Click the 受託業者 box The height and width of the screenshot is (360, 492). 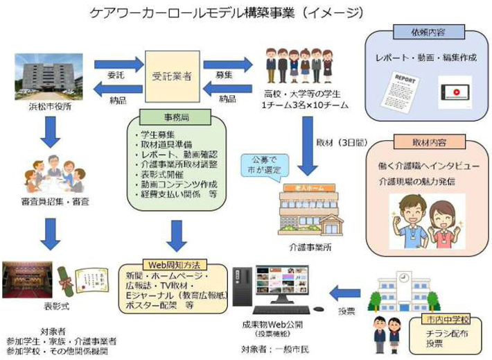point(171,72)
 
